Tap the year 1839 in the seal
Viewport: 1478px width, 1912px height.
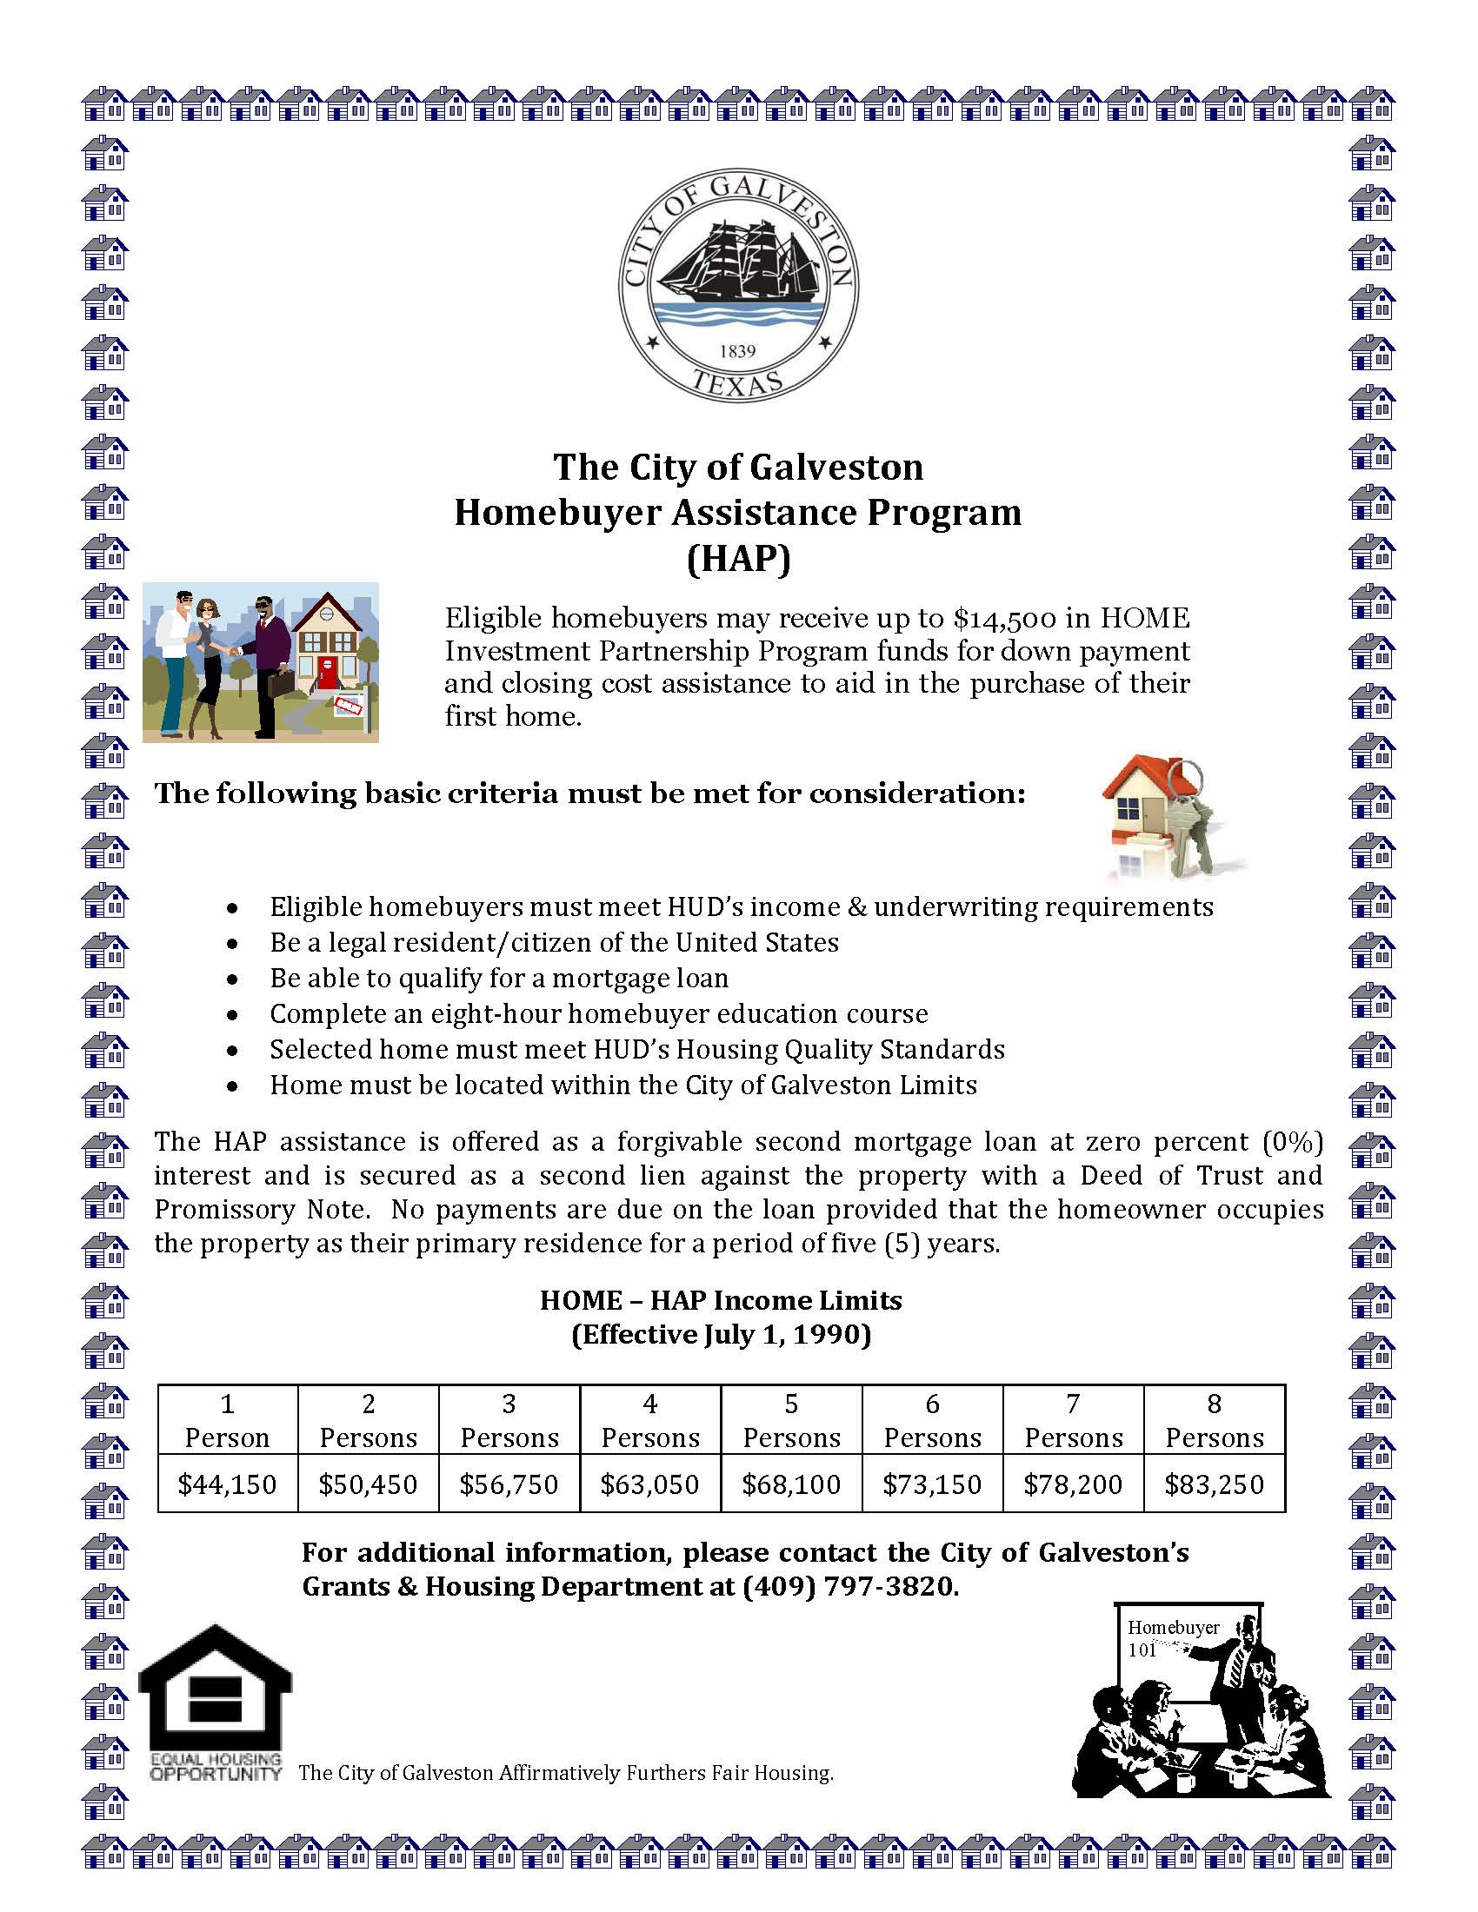[x=737, y=351]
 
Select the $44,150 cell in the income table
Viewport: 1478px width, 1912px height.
[x=227, y=1484]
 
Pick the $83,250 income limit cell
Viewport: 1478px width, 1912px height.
[x=1214, y=1484]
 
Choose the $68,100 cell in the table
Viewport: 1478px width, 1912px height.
[x=790, y=1484]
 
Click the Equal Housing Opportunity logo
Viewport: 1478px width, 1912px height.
[x=216, y=1703]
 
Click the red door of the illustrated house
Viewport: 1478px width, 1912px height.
[x=327, y=675]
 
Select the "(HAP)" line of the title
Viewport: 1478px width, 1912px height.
[x=738, y=559]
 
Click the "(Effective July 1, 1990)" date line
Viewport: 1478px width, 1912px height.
[x=721, y=1334]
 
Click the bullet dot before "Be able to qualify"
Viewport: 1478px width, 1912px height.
[x=232, y=979]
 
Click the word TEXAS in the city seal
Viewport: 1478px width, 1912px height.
[x=737, y=383]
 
